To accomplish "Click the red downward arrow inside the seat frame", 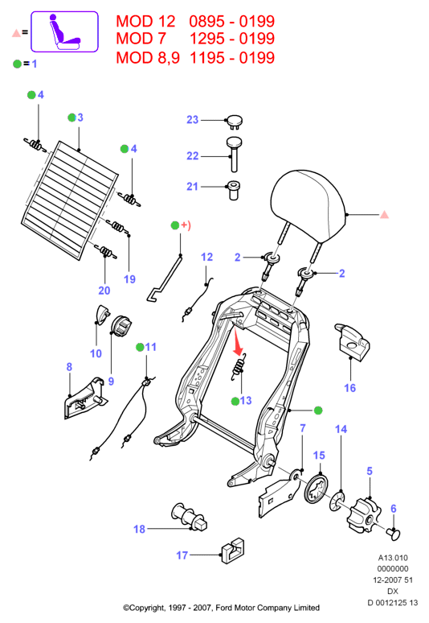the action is (x=237, y=342).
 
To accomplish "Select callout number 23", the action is (x=192, y=120).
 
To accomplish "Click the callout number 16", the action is (x=349, y=388).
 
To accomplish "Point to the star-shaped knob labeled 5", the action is (x=363, y=515).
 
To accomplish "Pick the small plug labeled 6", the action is (x=394, y=533).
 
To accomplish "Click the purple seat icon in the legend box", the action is (x=63, y=31).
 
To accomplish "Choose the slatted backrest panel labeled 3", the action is (x=70, y=200).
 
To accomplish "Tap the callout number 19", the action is (x=129, y=279).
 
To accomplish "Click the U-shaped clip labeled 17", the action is (x=233, y=551).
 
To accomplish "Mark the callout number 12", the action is (x=206, y=257).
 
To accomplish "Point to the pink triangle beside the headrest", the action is (x=384, y=215).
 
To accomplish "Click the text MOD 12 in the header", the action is (x=145, y=22).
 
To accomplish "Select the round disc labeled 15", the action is (x=317, y=489).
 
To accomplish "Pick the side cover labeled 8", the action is (x=85, y=398).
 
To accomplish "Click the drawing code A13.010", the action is (x=393, y=558).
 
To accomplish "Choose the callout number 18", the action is (x=139, y=530).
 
